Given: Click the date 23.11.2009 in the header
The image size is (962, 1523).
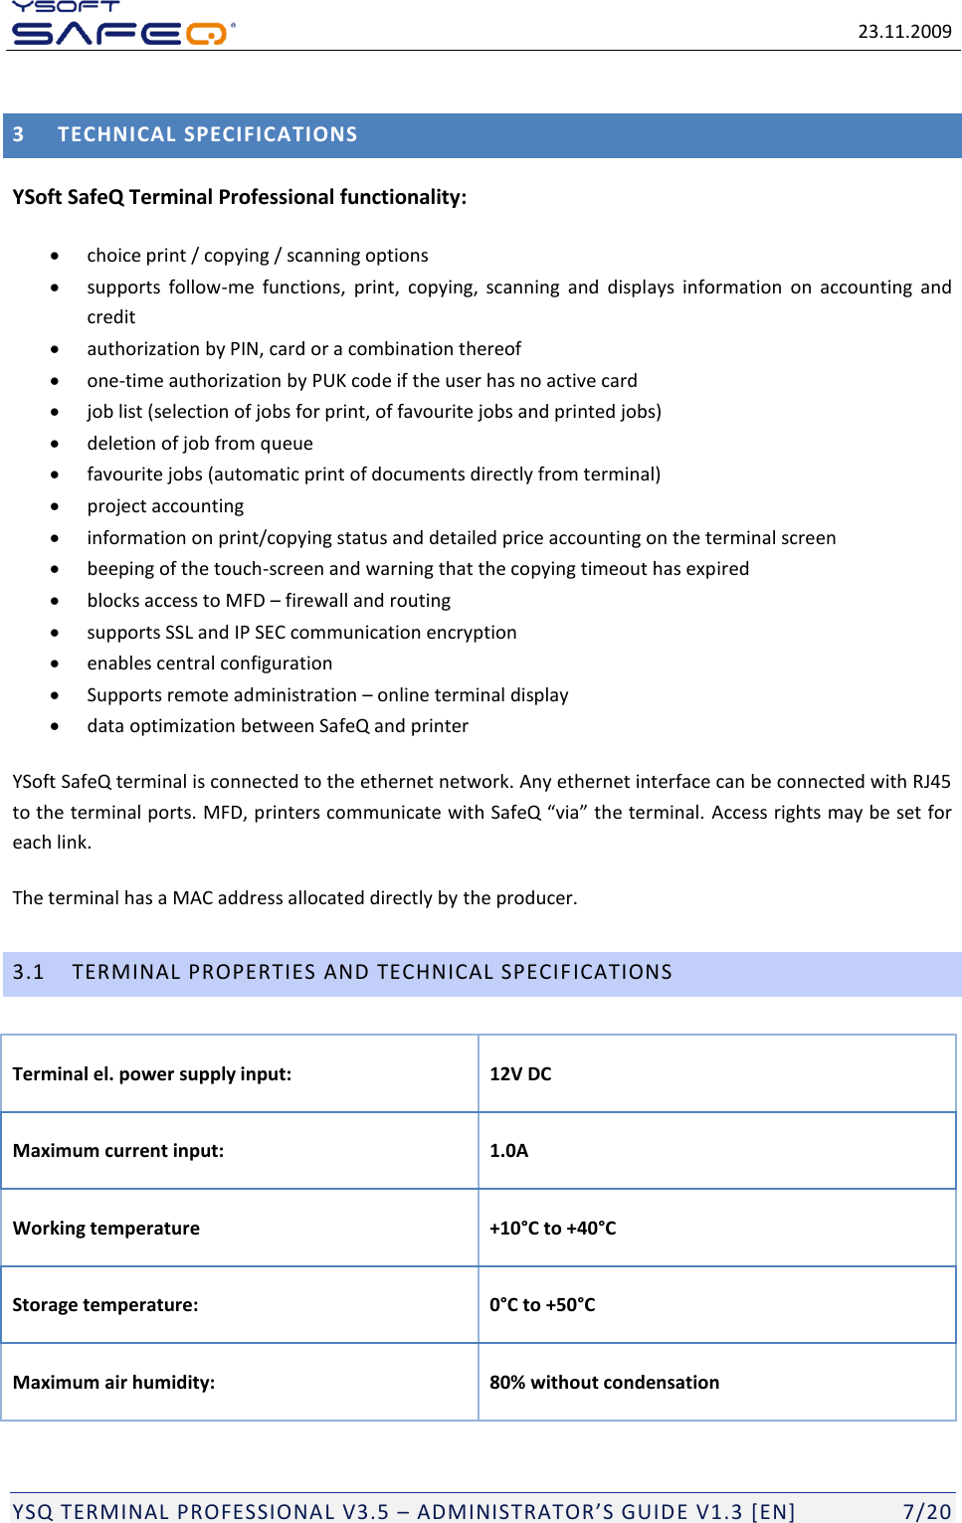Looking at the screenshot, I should point(904,31).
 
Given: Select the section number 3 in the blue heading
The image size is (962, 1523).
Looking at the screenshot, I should point(19,134).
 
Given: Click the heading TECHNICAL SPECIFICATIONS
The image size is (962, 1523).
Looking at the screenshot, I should point(207,134).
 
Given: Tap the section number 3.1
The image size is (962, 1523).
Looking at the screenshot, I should point(29,972).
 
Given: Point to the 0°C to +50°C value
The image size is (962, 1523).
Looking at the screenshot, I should point(542,1305).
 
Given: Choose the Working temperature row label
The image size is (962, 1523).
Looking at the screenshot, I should point(106,1229).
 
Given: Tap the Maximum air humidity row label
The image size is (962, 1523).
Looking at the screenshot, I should point(113,1383).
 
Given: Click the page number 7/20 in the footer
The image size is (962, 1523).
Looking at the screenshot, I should point(926,1512).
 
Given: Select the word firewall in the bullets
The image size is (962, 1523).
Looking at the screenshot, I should point(316,601).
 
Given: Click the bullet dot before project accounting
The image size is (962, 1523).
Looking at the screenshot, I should point(55,506).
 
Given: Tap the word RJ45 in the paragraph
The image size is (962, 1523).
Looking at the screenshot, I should point(931,782).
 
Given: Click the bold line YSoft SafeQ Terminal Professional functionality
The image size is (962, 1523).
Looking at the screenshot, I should point(239,197).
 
